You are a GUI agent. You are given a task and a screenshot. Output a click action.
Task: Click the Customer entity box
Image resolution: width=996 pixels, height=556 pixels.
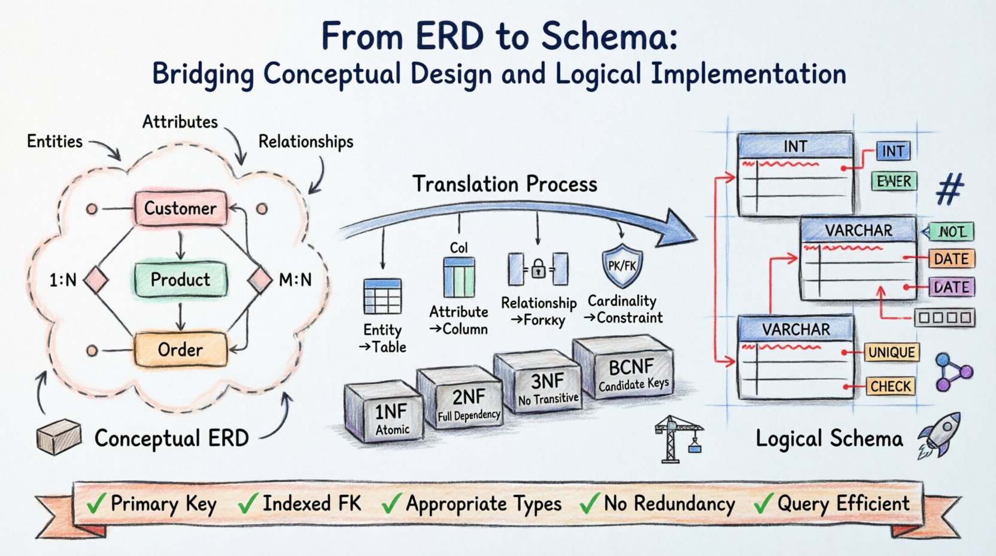pos(180,208)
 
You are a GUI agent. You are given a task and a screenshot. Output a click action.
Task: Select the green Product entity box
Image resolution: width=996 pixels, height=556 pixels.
pos(180,279)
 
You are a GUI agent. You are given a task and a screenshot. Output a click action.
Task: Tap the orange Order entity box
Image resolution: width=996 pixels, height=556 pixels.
pos(180,349)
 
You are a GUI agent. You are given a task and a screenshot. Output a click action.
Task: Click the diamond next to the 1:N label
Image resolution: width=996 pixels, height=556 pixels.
pos(96,280)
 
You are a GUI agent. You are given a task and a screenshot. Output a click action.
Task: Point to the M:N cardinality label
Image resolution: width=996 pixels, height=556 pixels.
pos(295,280)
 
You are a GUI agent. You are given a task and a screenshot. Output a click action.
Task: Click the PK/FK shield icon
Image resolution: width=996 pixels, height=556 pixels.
pos(622,265)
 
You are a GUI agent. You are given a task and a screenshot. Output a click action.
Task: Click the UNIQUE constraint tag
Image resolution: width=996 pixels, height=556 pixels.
pos(891,352)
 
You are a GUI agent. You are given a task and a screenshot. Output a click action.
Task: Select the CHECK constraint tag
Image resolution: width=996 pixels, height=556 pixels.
pos(890,386)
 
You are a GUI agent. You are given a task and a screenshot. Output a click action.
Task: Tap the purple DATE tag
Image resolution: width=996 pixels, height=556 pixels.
pos(951,287)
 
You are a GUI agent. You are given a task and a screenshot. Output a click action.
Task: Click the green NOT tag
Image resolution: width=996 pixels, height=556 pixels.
pos(950,232)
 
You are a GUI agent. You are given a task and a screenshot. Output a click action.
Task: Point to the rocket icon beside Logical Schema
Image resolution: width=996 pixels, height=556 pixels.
pos(940,436)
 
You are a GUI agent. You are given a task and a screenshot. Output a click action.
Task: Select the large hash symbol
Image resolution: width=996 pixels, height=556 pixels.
pos(950,189)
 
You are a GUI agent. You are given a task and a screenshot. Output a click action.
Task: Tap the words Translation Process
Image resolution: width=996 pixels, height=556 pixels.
pos(505,184)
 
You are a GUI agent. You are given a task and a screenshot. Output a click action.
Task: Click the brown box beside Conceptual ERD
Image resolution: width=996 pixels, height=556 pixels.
pos(59,437)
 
